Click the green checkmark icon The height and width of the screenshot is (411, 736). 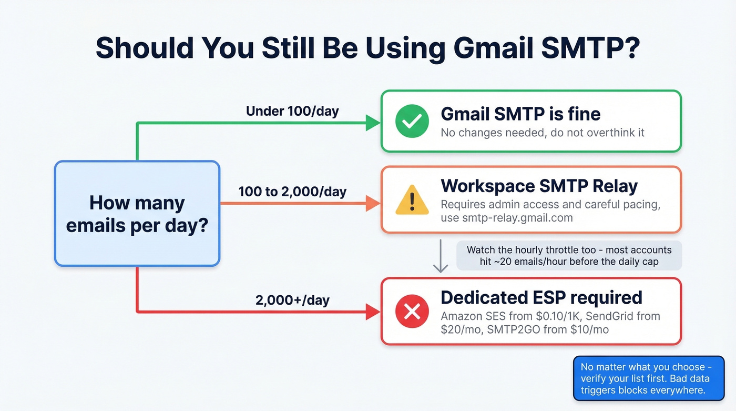pos(412,121)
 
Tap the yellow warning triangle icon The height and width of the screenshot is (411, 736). pos(412,201)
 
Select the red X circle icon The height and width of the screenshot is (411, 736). pos(412,312)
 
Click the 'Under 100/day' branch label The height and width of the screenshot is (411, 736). pos(292,111)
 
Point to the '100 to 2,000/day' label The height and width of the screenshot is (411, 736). pos(292,191)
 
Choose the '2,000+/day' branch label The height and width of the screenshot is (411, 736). pos(292,300)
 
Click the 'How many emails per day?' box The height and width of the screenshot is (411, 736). pos(137,213)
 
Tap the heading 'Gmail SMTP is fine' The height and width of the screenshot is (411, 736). pos(520,114)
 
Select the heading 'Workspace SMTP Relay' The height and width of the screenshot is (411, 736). pos(539,186)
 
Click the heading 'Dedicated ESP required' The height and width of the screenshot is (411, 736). pos(541,297)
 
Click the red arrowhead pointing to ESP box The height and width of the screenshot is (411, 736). pos(373,312)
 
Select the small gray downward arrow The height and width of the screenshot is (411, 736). pos(441,257)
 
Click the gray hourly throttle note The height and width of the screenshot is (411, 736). pos(569,255)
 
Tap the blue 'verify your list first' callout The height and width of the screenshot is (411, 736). pos(648,378)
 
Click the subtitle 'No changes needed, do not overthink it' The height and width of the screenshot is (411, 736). pos(543,132)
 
